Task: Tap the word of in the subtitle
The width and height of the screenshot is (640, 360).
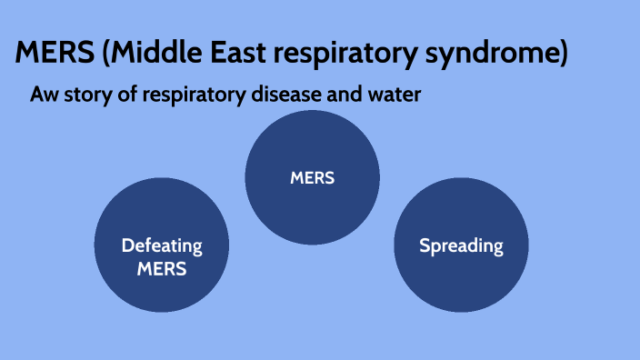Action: click(x=125, y=94)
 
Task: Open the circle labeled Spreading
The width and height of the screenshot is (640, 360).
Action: click(x=461, y=245)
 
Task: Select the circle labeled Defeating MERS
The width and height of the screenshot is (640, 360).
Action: click(x=162, y=245)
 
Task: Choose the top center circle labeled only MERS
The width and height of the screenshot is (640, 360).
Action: click(x=313, y=178)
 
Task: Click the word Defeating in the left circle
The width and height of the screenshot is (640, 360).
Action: click(x=162, y=245)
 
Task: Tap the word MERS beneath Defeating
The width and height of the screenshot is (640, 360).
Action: click(x=162, y=268)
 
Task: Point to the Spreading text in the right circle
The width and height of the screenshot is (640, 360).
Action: click(x=461, y=245)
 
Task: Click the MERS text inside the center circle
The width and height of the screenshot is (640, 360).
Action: click(x=313, y=178)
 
